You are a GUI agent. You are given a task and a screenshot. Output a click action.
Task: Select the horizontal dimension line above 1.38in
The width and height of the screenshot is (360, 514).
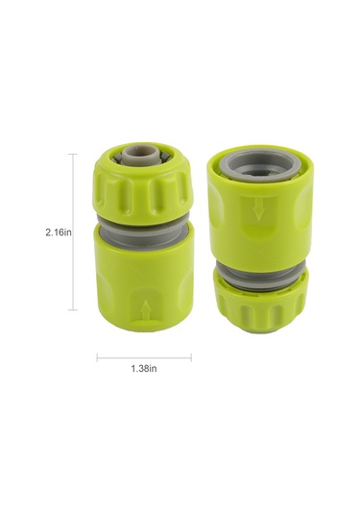click(144, 358)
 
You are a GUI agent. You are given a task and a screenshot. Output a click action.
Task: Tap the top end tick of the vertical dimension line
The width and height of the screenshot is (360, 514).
click(75, 154)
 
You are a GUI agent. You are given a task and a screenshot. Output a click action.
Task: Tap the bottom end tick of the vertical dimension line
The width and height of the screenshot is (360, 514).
click(75, 309)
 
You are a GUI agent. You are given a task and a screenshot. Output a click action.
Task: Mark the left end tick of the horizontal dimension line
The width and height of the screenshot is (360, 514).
click(97, 358)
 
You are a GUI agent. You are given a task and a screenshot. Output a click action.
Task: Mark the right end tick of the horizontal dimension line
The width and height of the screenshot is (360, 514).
click(191, 358)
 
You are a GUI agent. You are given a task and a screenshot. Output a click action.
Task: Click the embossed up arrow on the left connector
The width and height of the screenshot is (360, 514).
click(144, 308)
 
